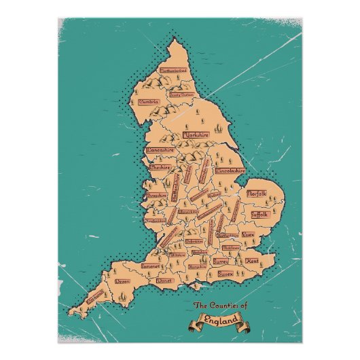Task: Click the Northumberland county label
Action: click(x=173, y=69)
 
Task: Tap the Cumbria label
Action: click(x=149, y=103)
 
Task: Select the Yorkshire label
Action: click(x=194, y=136)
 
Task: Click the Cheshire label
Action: click(x=161, y=166)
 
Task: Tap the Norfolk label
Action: click(x=257, y=194)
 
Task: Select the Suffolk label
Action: click(x=259, y=214)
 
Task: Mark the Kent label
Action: click(x=251, y=261)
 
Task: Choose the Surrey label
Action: click(x=219, y=260)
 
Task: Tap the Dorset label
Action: click(x=164, y=280)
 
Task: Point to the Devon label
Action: click(x=122, y=281)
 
